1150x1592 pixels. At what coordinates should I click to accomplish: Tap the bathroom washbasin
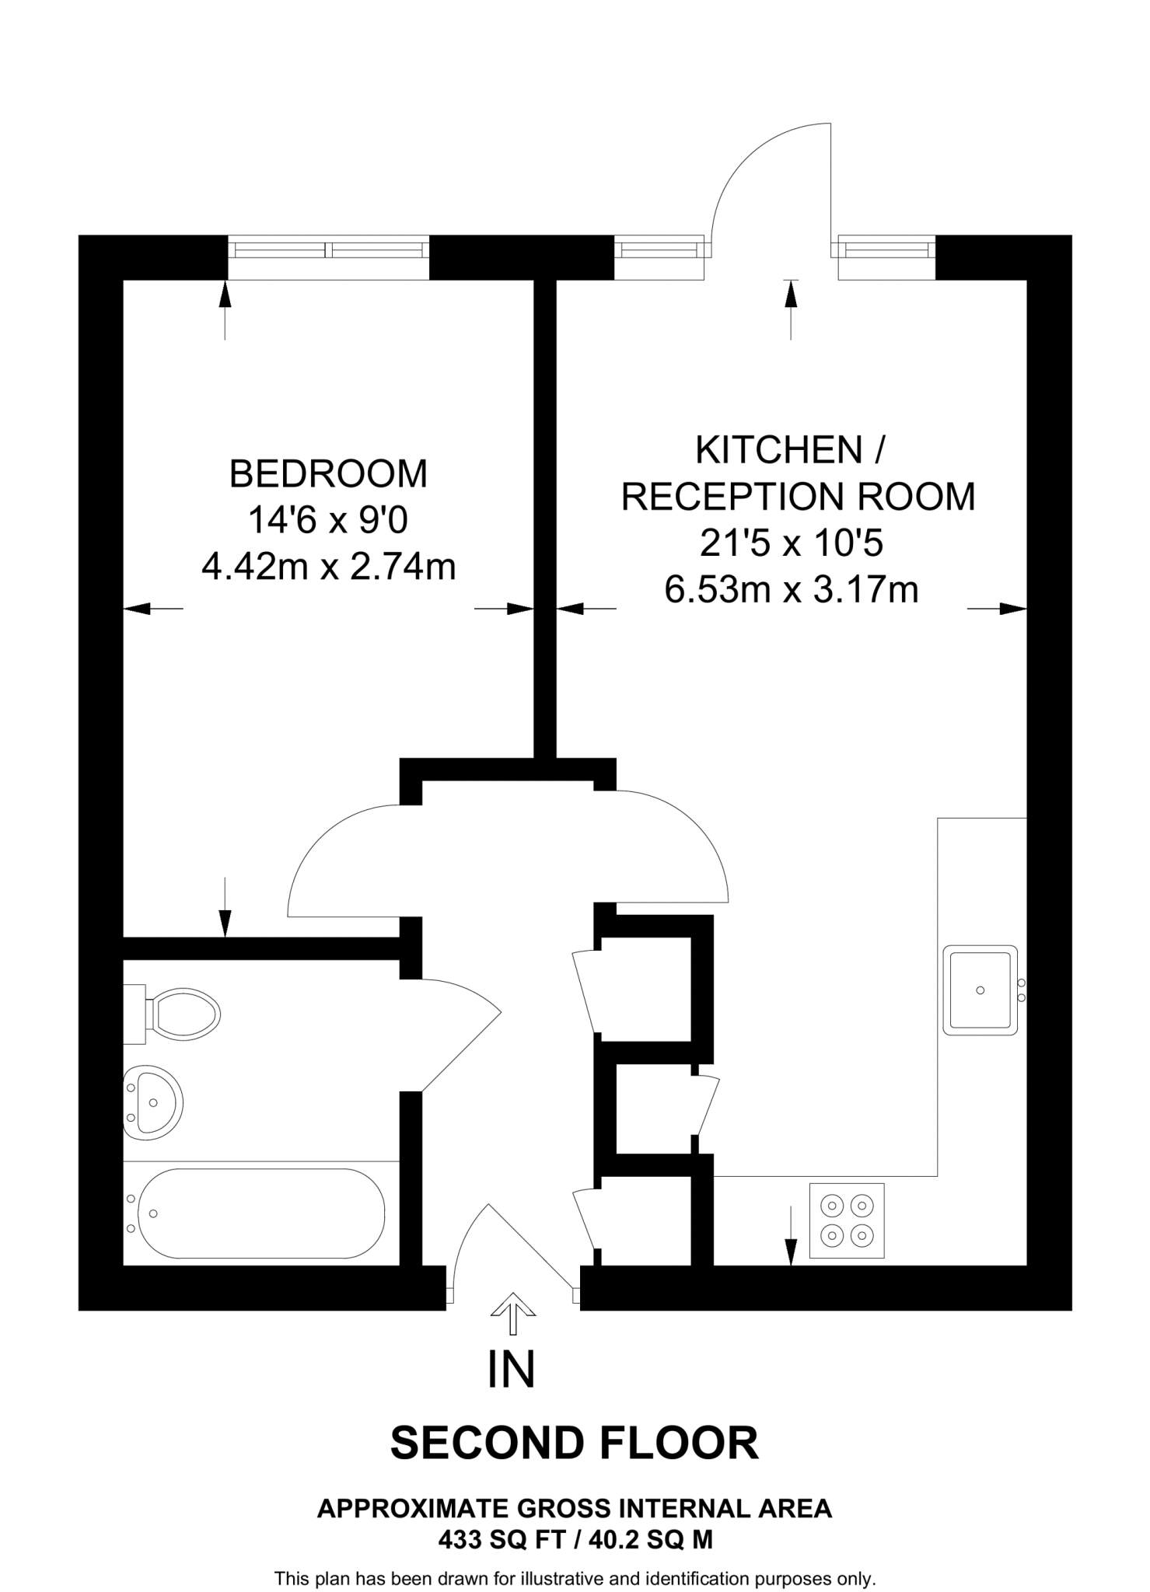pos(153,1102)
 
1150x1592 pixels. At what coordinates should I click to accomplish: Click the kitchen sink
pos(980,990)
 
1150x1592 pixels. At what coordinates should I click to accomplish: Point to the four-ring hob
pos(847,1220)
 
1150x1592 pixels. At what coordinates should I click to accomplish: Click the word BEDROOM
pos(328,474)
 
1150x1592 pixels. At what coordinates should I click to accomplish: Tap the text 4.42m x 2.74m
pos(328,567)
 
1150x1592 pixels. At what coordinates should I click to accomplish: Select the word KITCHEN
pos(779,450)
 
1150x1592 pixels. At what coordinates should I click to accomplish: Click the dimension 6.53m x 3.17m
pos(791,590)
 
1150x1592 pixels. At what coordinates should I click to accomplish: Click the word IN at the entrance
pos(511,1370)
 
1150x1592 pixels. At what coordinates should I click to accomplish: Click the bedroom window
pos(327,250)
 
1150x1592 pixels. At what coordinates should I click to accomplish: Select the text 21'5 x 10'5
pos(791,543)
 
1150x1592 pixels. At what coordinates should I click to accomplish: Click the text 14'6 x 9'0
pos(327,520)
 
